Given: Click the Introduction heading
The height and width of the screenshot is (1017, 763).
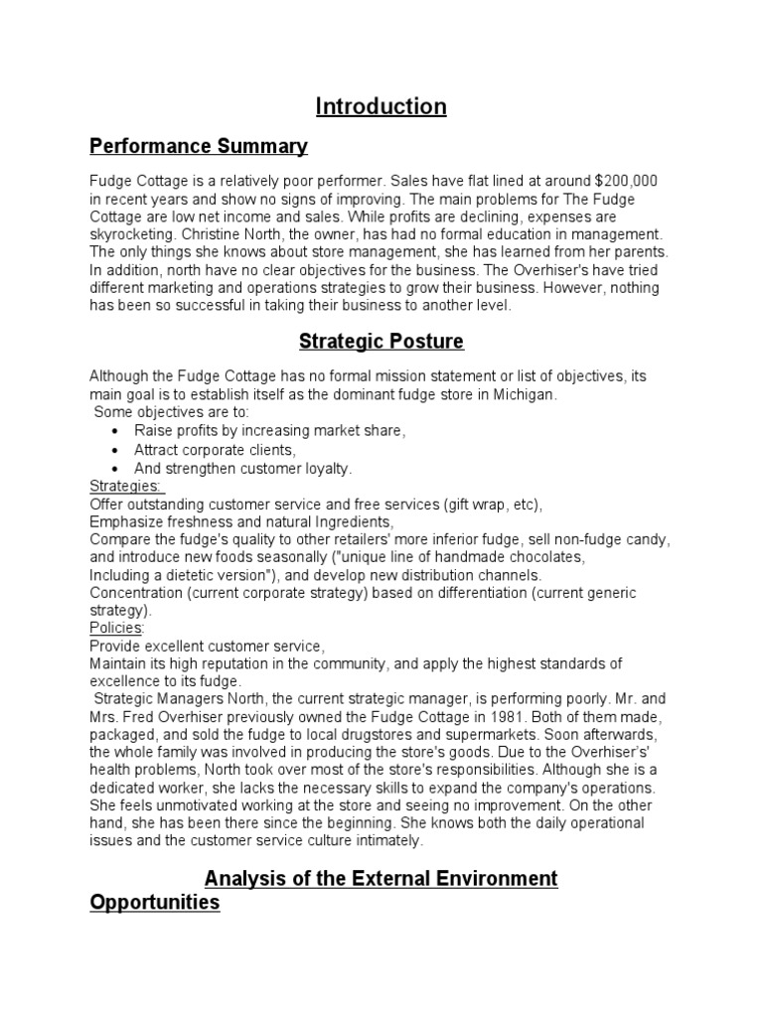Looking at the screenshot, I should pyautogui.click(x=381, y=106).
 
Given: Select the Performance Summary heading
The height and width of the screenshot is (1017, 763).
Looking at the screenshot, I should pyautogui.click(x=199, y=147).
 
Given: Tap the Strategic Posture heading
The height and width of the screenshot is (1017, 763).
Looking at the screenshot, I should pyautogui.click(x=381, y=342).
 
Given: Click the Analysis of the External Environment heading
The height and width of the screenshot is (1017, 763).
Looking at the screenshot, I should pyautogui.click(x=381, y=878).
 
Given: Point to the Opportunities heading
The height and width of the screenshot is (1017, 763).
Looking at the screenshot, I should pyautogui.click(x=154, y=904).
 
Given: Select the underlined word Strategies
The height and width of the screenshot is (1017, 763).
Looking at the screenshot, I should pyautogui.click(x=125, y=487).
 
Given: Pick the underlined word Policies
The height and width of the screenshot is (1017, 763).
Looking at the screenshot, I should pyautogui.click(x=116, y=628).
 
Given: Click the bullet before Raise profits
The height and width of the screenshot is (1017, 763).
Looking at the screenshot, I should pyautogui.click(x=116, y=432).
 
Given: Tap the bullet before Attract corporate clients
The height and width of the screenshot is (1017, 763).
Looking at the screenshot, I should pyautogui.click(x=116, y=450).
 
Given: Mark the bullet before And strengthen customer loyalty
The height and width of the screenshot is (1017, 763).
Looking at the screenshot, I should pyautogui.click(x=116, y=469).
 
